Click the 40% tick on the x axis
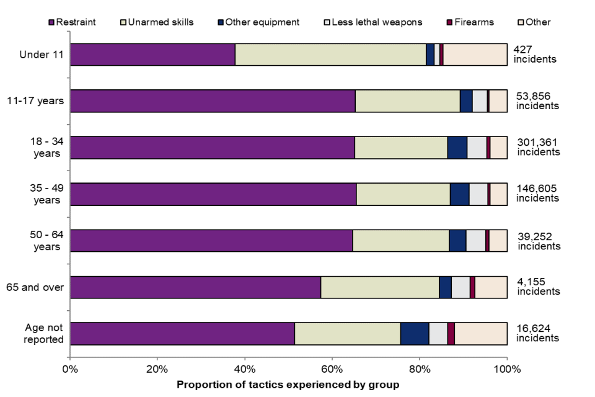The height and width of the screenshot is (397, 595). [x=245, y=370]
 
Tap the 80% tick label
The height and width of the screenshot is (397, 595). [x=420, y=370]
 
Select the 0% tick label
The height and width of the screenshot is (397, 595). [x=70, y=370]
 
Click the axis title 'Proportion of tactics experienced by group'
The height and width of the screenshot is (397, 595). [x=288, y=385]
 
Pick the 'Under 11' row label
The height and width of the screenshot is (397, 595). [x=41, y=55]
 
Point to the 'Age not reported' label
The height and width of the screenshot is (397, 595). [x=44, y=333]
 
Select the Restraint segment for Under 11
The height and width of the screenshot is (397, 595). [x=152, y=55]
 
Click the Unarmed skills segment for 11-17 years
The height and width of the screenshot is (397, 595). [x=407, y=101]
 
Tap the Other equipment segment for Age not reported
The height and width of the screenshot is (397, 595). [x=415, y=333]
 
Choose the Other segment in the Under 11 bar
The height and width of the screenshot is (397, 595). [x=475, y=55]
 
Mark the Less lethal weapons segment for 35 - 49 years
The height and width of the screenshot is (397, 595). [x=478, y=194]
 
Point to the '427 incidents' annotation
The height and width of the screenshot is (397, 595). [x=535, y=55]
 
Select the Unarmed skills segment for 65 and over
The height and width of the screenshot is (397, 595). [x=379, y=287]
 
